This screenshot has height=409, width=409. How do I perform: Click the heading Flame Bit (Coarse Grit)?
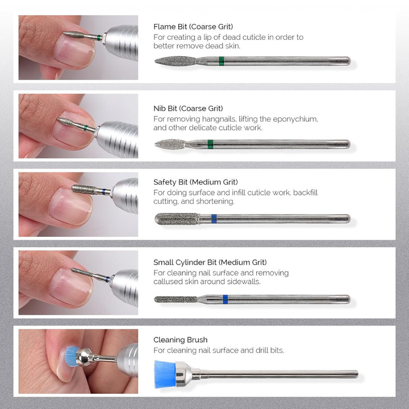tap(193, 26)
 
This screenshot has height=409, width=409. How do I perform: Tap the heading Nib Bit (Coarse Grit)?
tap(188, 108)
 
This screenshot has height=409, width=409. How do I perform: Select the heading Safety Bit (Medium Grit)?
tap(195, 182)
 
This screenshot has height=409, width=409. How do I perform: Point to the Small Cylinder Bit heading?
tap(210, 262)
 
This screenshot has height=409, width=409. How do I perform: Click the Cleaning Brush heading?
tap(180, 340)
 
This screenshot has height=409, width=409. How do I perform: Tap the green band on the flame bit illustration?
tap(221, 61)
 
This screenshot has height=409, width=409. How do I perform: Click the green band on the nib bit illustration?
tap(210, 144)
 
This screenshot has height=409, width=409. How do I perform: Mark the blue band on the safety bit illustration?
tap(214, 219)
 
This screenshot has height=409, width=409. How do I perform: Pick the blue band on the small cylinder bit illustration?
tap(226, 299)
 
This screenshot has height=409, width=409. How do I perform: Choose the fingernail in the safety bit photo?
tap(70, 206)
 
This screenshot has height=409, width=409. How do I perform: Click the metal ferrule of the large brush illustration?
tap(188, 373)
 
